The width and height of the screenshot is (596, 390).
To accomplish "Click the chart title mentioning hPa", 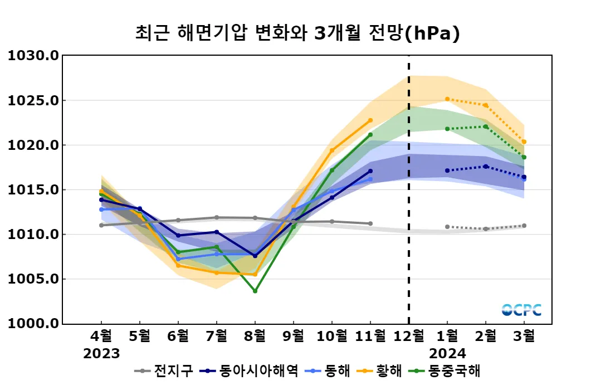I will pos(297,33).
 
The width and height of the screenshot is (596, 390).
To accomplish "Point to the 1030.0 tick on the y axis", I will pos(33,56).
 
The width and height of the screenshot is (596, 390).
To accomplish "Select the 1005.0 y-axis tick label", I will pos(33,279).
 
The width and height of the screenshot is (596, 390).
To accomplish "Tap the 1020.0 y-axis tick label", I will pos(33,145).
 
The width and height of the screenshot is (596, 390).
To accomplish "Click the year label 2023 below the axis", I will pos(101,354).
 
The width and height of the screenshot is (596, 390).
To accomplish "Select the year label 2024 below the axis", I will pos(447,354).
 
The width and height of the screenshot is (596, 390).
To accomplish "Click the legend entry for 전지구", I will pos(164,370).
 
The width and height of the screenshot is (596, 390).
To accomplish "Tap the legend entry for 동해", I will pos(329,370).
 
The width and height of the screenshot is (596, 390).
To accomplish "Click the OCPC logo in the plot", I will pos(521,310).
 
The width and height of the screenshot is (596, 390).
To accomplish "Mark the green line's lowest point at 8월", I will pos(255,291).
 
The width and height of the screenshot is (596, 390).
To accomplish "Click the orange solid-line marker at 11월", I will pos(370,120).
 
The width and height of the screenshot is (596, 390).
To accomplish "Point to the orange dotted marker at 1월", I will pos(447,99).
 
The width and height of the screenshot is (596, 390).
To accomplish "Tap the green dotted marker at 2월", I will pos(486,126).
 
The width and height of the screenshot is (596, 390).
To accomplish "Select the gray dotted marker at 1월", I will pos(447,227).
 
